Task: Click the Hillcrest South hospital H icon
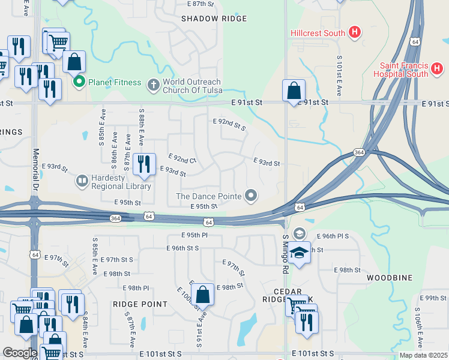[355, 32]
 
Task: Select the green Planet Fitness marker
[78, 82]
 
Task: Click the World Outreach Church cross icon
[153, 86]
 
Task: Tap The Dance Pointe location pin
[252, 196]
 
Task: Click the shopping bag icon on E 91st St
[294, 92]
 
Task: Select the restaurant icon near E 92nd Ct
[144, 166]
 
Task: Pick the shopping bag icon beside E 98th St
[203, 296]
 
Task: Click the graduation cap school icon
[299, 253]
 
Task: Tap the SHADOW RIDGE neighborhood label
[214, 19]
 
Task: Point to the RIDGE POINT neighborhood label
[140, 304]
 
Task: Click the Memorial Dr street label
[36, 171]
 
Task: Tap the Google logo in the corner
[19, 353]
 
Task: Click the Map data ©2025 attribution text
[423, 355]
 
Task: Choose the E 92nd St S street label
[229, 124]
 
